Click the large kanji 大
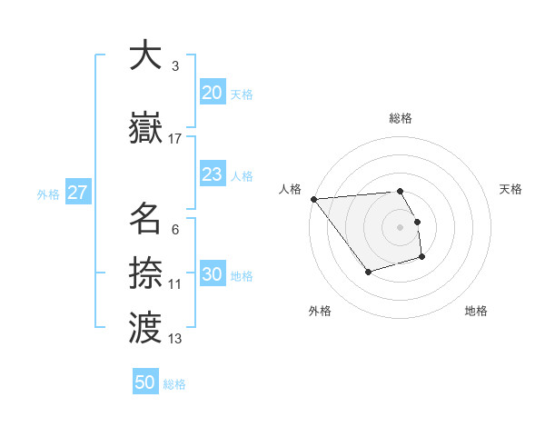[145, 55]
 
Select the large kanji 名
[145, 219]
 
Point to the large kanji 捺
[145, 272]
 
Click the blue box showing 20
[212, 93]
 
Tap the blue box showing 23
[212, 174]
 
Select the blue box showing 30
[212, 275]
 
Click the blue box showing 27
[77, 193]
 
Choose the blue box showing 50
[145, 382]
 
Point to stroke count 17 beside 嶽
[175, 138]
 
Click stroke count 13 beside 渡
[175, 339]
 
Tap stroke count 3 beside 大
[175, 66]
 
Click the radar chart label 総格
[401, 118]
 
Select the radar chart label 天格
[510, 189]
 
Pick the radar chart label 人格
[291, 189]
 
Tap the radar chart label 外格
[320, 311]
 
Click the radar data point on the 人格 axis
[313, 199]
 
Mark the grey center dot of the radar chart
[401, 226]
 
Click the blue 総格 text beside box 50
[174, 384]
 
